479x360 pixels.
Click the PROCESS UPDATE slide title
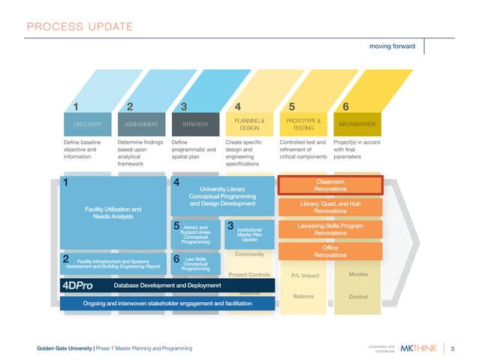pyautogui.click(x=80, y=28)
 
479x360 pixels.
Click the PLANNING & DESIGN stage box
pyautogui.click(x=248, y=123)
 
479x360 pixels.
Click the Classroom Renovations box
pyautogui.click(x=330, y=185)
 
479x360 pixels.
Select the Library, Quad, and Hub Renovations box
pyautogui.click(x=330, y=207)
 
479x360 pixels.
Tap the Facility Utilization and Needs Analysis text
pyautogui.click(x=113, y=212)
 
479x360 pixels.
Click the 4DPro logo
pyautogui.click(x=79, y=286)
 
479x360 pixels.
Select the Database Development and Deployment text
pyautogui.click(x=167, y=286)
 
